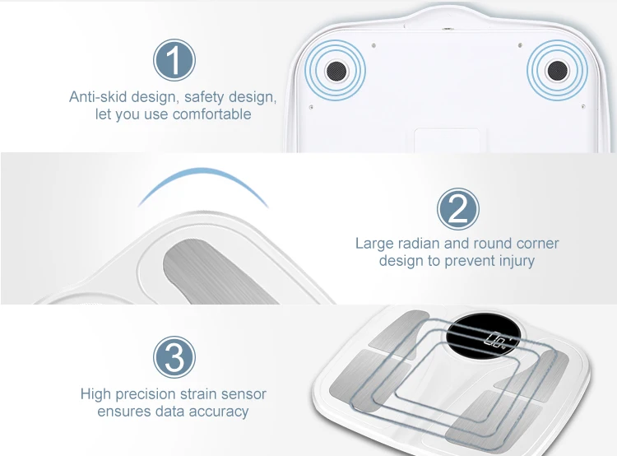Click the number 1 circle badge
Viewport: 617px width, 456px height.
[174, 60]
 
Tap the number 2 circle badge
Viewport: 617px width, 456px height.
[458, 209]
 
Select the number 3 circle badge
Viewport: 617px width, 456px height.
[174, 357]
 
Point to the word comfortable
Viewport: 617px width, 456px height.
[211, 114]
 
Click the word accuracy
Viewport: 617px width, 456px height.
[218, 412]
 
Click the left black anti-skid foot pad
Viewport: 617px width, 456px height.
[336, 71]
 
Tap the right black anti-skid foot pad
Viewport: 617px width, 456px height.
[558, 71]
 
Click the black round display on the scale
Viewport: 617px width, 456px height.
[484, 336]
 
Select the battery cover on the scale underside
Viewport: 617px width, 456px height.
[447, 140]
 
